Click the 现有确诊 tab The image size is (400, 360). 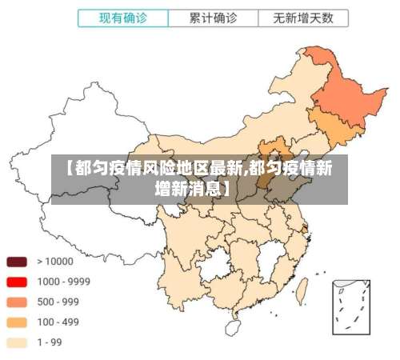pyautogui.click(x=123, y=17)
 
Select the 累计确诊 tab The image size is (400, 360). pyautogui.click(x=214, y=17)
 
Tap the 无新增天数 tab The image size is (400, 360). pyautogui.click(x=304, y=17)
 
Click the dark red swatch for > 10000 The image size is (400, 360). pyautogui.click(x=18, y=262)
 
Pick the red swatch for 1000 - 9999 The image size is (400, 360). pyautogui.click(x=18, y=282)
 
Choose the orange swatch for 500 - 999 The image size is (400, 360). pyautogui.click(x=18, y=302)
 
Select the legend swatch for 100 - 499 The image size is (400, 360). pyautogui.click(x=18, y=322)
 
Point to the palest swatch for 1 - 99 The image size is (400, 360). pyautogui.click(x=18, y=342)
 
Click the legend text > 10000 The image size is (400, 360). pyautogui.click(x=55, y=262)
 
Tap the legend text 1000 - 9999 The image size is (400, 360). pyautogui.click(x=63, y=282)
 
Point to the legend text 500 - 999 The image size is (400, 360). pyautogui.click(x=58, y=302)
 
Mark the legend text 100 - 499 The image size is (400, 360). pyautogui.click(x=58, y=322)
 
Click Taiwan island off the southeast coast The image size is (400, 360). pyautogui.click(x=303, y=287)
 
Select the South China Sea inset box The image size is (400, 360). pyautogui.click(x=351, y=305)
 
